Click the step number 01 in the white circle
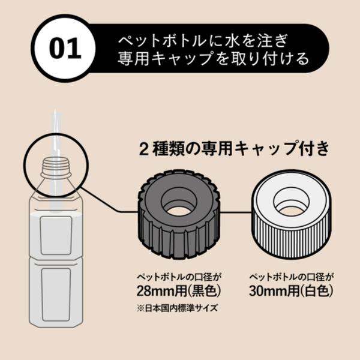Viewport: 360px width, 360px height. point(65,49)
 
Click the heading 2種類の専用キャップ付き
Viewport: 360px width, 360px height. point(234,149)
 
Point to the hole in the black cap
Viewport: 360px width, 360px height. point(179,203)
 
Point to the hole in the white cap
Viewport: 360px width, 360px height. point(291,203)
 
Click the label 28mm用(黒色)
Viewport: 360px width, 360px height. point(179,291)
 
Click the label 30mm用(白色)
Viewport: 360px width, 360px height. point(291,291)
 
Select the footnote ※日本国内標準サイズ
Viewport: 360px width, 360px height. point(177,308)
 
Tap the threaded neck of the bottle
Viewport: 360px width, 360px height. point(56,166)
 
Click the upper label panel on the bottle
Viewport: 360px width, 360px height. point(56,235)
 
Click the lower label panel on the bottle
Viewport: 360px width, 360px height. point(56,295)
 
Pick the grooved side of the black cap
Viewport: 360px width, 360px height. point(179,239)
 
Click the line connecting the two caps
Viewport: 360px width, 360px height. point(236,212)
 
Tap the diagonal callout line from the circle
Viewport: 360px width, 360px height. point(100,199)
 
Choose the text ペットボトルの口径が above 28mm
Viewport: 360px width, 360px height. point(179,277)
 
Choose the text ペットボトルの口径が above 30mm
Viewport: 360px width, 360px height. point(291,277)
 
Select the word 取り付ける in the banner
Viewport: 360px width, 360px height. point(270,58)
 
